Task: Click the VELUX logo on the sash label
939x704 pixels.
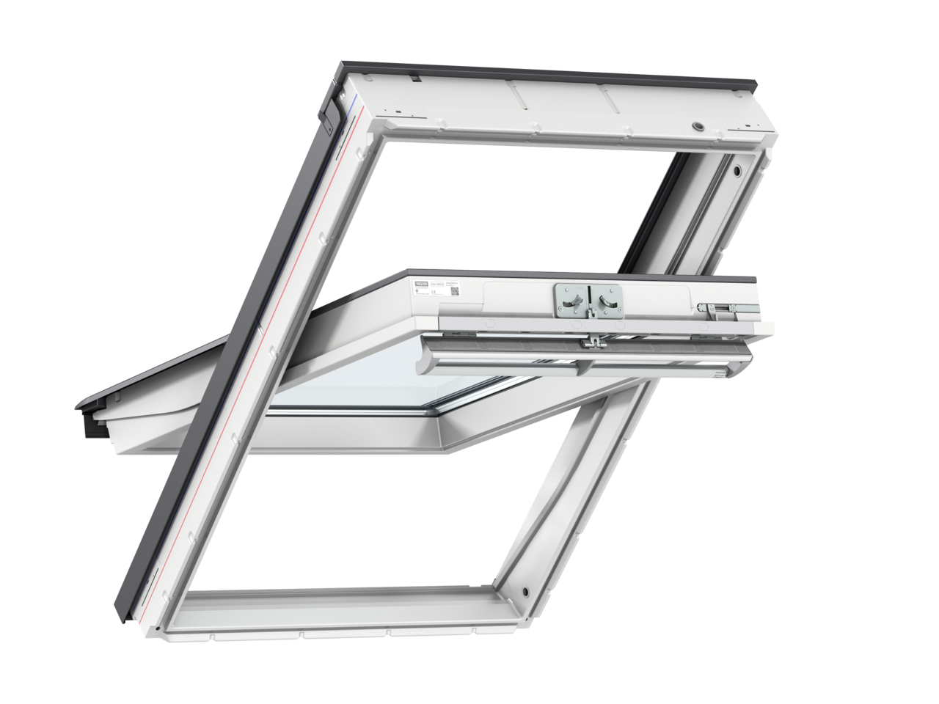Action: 423,280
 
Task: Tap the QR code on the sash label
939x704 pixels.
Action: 454,292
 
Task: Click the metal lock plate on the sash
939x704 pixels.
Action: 588,301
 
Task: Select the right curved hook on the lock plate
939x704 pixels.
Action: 606,300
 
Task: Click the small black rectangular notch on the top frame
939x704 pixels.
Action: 414,78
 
